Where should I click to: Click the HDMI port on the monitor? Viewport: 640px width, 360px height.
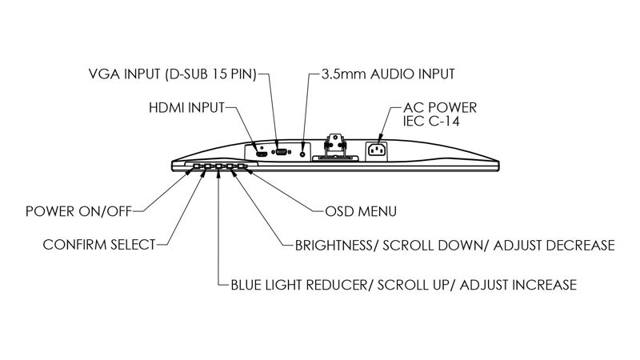tap(262, 154)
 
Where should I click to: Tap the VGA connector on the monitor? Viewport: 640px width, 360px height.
tap(282, 152)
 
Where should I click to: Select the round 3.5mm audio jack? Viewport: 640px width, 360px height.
tap(302, 154)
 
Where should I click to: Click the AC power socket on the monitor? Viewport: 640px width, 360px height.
tap(377, 150)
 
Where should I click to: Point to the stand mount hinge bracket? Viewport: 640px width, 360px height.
tap(335, 144)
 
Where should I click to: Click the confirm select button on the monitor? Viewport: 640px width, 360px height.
tap(207, 166)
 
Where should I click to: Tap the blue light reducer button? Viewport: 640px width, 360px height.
tap(218, 166)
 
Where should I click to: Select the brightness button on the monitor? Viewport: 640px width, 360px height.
tap(230, 166)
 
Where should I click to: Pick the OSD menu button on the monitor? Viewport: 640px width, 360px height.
tap(242, 166)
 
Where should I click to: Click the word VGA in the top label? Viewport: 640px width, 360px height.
tap(104, 74)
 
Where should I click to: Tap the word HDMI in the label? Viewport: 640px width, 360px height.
tap(164, 108)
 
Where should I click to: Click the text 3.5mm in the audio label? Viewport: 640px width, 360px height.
tap(344, 74)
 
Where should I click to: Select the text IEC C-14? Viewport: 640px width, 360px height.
tap(431, 122)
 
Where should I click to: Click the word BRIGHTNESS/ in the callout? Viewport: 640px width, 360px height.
tap(334, 246)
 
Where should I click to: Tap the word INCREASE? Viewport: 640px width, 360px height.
tap(544, 285)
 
